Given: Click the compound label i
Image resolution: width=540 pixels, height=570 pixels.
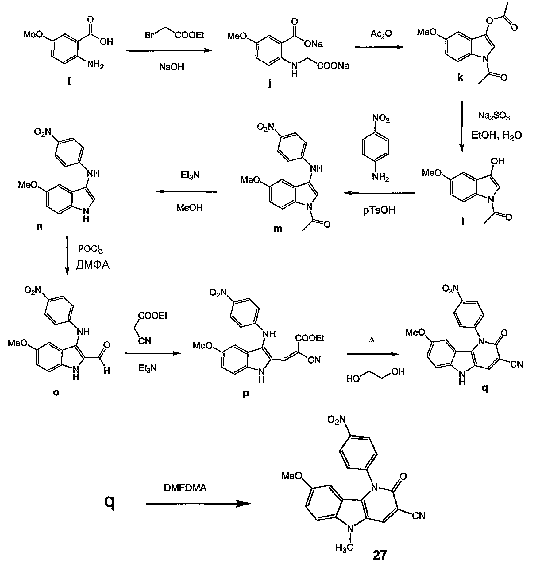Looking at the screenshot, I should (69, 82).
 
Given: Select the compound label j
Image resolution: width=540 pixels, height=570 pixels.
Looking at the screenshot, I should (270, 83).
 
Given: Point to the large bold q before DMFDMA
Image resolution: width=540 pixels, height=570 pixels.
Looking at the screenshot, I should (110, 502).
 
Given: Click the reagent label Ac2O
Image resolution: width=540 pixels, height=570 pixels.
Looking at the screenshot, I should (381, 33).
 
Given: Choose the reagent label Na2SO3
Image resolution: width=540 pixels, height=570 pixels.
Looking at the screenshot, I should (494, 116).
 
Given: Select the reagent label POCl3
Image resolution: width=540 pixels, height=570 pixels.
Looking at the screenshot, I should (90, 249).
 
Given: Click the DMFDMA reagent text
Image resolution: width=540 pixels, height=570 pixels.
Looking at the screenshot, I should (185, 488).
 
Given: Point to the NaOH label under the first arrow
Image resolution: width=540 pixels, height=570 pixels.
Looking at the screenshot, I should (172, 67).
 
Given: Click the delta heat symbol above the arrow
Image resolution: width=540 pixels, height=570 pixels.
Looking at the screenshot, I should (372, 340).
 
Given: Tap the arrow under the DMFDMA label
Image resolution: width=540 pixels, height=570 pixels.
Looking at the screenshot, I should (198, 504).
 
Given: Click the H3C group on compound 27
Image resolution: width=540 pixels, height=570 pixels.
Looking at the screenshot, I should (344, 547).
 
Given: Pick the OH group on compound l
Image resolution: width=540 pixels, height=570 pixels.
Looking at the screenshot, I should (498, 161).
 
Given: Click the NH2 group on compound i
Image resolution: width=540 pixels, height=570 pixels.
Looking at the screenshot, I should (95, 65).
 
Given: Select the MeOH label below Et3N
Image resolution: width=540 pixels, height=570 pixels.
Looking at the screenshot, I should (189, 208).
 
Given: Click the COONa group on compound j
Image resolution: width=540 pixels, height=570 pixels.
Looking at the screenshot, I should (333, 66).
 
